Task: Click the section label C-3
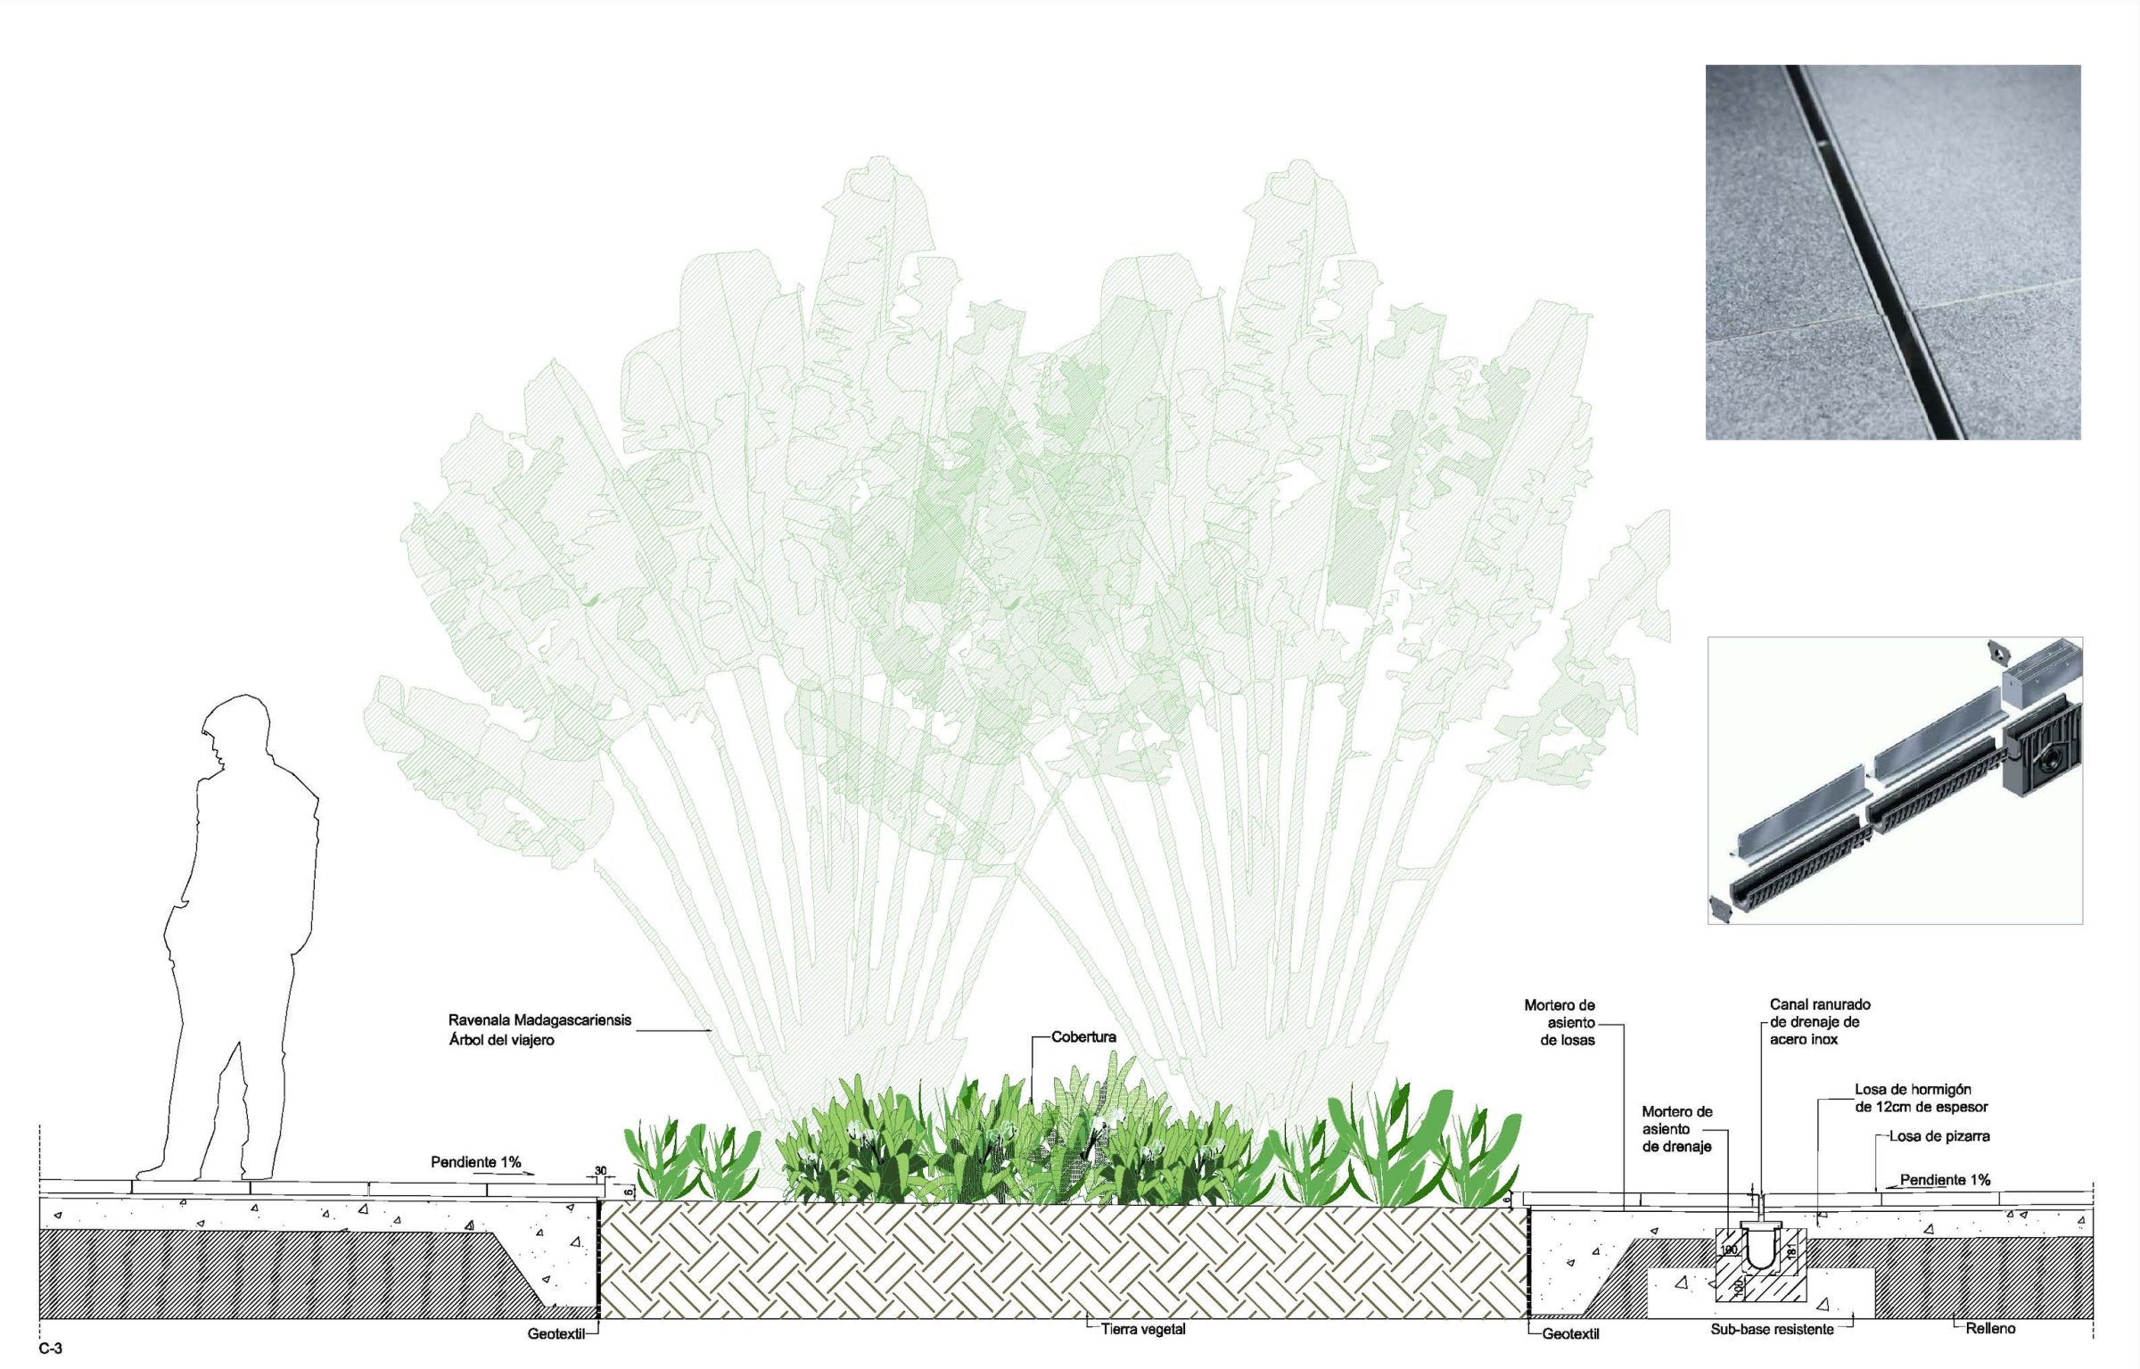50,1348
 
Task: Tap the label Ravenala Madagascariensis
539,1019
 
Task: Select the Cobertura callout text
1083,1036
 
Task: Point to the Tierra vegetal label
1143,1329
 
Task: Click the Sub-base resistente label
1772,1329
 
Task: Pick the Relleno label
1990,1328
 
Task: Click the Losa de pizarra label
1939,1136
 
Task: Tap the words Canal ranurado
1820,1004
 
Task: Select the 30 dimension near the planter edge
600,1171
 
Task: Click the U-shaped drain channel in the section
1760,1249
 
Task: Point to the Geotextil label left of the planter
556,1334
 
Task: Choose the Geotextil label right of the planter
1570,1334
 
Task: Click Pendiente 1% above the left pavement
475,1162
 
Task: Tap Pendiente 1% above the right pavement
1945,1180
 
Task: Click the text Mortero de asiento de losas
1560,1022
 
